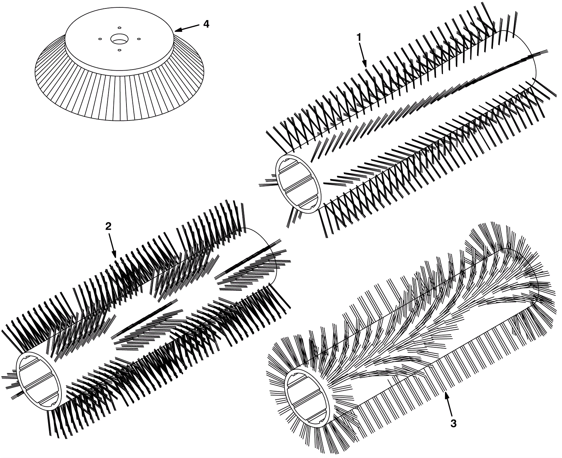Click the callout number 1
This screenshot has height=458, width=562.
tap(359, 38)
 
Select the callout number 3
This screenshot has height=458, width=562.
tap(453, 424)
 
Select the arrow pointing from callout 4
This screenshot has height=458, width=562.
tap(186, 28)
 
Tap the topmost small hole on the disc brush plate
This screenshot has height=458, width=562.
tap(119, 28)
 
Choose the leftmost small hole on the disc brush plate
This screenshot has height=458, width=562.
tap(100, 39)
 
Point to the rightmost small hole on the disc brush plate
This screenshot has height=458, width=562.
tap(138, 39)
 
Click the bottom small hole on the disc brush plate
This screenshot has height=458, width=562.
tap(119, 50)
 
